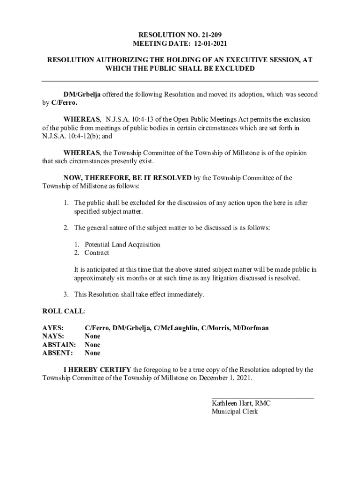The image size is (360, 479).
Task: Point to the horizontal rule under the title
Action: click(180, 81)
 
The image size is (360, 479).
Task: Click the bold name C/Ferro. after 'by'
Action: click(65, 103)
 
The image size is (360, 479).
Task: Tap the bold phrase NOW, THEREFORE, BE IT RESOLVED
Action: click(127, 178)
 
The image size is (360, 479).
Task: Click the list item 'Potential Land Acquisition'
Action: click(122, 245)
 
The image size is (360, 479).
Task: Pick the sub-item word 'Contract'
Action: click(97, 253)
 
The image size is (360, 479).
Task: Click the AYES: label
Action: click(53, 328)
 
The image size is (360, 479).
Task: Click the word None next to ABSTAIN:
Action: click(92, 345)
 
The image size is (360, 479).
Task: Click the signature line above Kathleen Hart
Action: click(263, 398)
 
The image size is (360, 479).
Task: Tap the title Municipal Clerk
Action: click(235, 412)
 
